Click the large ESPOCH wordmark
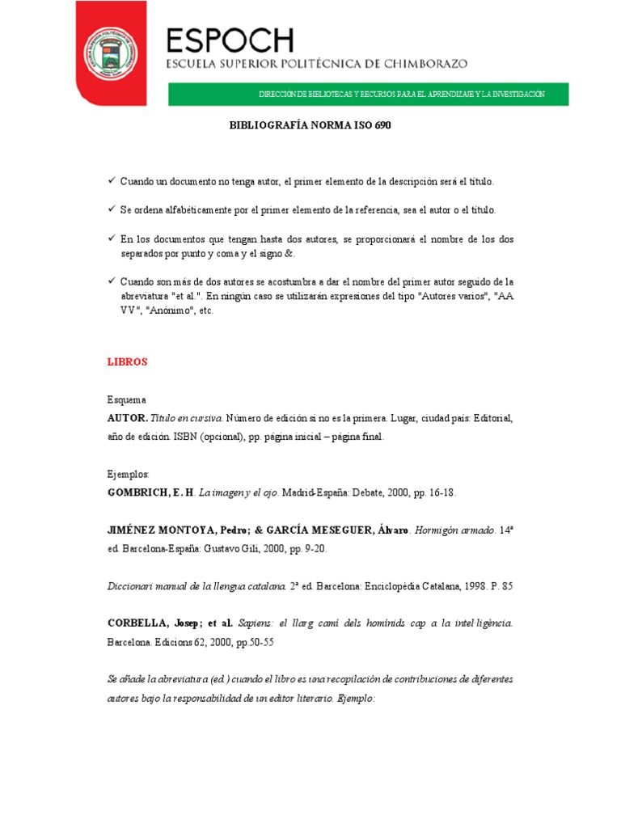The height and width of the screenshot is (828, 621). pos(230,40)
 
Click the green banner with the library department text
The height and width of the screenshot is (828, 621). pos(368,95)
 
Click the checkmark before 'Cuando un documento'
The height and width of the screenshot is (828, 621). pos(112,181)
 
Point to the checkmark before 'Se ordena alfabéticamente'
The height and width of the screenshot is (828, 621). pos(112,209)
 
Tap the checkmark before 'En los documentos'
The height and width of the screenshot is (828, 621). pos(112,239)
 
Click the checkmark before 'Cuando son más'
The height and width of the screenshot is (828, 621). pos(112,281)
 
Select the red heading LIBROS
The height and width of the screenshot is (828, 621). pos(127,362)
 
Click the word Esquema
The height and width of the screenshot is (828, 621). pos(126,399)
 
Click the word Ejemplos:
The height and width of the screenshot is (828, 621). pos(129,474)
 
